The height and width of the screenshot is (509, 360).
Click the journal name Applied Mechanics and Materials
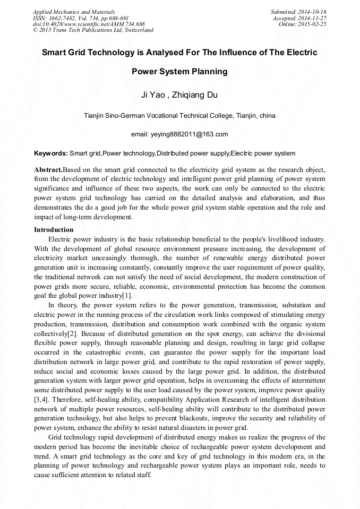[x=73, y=12]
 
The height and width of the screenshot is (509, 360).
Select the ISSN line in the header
[x=81, y=18]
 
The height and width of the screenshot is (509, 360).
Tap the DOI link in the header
[x=89, y=24]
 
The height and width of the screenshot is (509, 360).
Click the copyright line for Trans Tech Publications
[x=93, y=30]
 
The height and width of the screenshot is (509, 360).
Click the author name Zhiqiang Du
[x=195, y=96]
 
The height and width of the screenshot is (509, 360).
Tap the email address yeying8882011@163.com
[x=179, y=134]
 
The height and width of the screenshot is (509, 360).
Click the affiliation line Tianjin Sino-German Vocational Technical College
[x=179, y=115]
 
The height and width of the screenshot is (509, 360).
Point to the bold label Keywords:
[x=51, y=153]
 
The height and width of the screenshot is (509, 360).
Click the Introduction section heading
[x=54, y=230]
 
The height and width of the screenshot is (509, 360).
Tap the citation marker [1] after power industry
[x=127, y=296]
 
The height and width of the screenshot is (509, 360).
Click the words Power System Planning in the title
[x=179, y=72]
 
